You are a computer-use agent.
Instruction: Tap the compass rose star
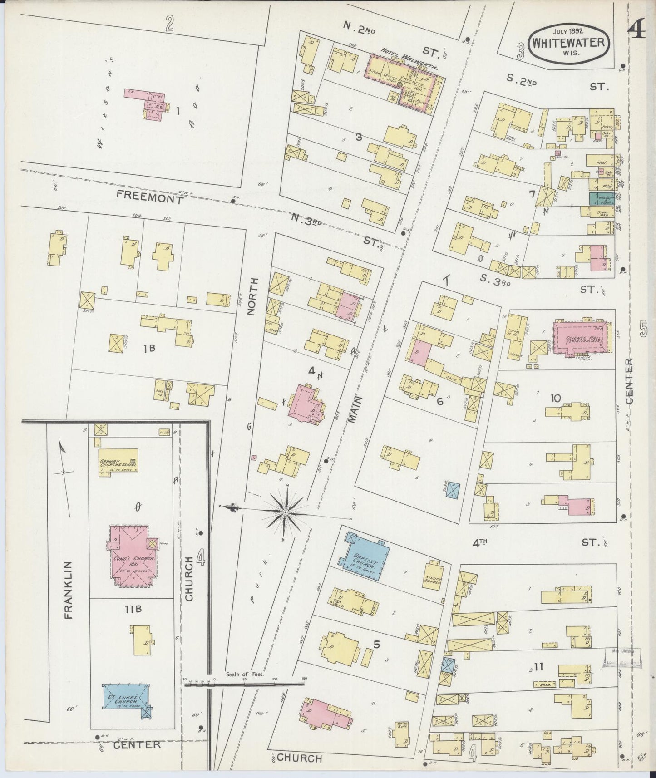click(286, 512)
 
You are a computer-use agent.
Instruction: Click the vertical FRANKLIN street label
click(69, 590)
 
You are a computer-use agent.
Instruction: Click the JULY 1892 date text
click(568, 31)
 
